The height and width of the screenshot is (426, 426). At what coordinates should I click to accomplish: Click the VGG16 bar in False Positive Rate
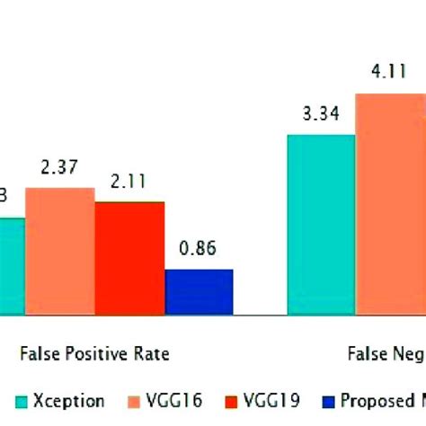59,251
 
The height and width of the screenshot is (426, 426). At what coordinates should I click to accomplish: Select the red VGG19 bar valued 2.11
129,258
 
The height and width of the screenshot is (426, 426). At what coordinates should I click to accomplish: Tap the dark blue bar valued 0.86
199,292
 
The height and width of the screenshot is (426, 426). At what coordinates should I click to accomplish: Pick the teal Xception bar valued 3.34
321,225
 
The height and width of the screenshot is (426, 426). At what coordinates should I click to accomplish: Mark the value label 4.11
389,75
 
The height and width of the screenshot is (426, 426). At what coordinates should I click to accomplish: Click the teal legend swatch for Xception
21,402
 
